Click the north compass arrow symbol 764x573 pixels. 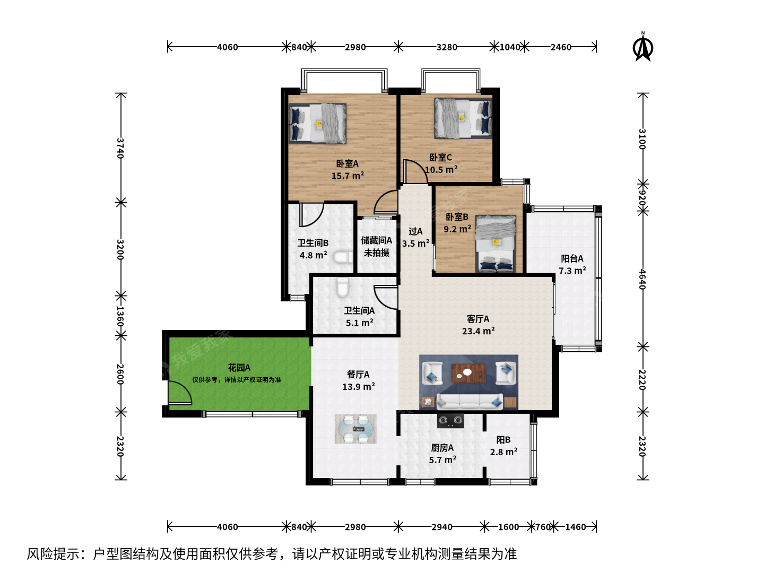pyautogui.click(x=643, y=47)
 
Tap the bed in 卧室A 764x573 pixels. pyautogui.click(x=317, y=124)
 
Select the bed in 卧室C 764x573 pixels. pyautogui.click(x=463, y=118)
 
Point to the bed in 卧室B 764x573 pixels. pyautogui.click(x=496, y=244)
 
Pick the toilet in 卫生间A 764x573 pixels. pyautogui.click(x=343, y=287)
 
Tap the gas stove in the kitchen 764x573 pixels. pyautogui.click(x=451, y=421)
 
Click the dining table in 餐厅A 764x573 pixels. pyautogui.click(x=355, y=429)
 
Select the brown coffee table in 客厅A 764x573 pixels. pyautogui.click(x=468, y=373)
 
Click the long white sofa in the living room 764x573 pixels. pyautogui.click(x=470, y=402)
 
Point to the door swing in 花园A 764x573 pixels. pyautogui.click(x=180, y=393)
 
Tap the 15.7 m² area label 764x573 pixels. pyautogui.click(x=348, y=176)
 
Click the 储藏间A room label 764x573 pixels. pyautogui.click(x=377, y=240)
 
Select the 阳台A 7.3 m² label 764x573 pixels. pyautogui.click(x=572, y=264)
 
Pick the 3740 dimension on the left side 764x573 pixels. pyautogui.click(x=120, y=148)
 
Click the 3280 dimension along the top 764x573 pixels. pyautogui.click(x=447, y=47)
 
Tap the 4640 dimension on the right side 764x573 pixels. pyautogui.click(x=643, y=279)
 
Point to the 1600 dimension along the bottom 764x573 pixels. pyautogui.click(x=508, y=527)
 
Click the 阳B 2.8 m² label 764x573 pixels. pyautogui.click(x=503, y=446)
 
